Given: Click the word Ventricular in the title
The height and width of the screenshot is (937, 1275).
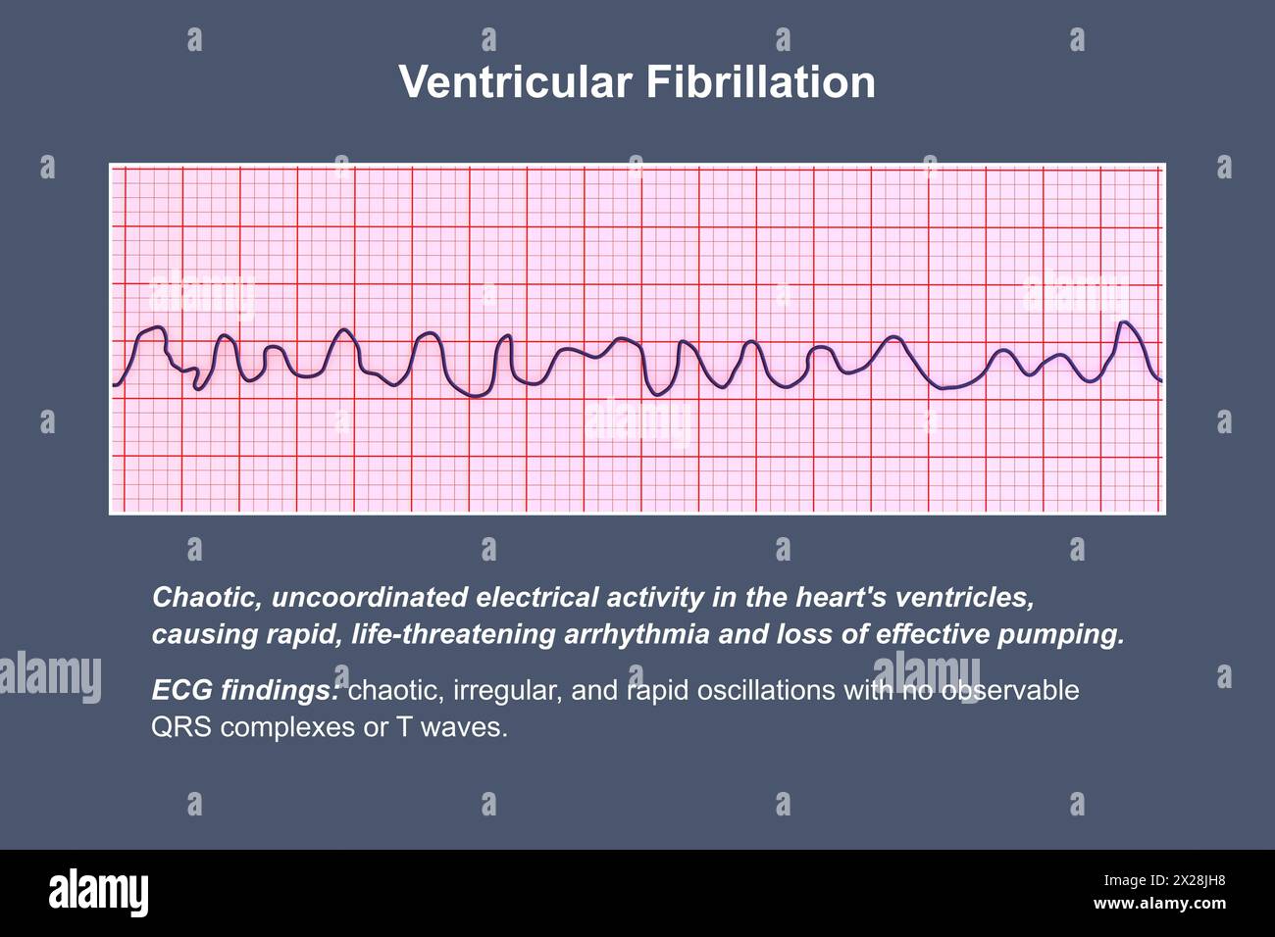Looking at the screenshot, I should pos(515,82).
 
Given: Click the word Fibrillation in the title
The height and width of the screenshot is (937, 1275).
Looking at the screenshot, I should pos(760,82).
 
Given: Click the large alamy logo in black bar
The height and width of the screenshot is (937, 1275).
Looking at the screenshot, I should pos(99,893).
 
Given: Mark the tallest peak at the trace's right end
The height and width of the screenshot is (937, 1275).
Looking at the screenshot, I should pos(1125,322).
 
